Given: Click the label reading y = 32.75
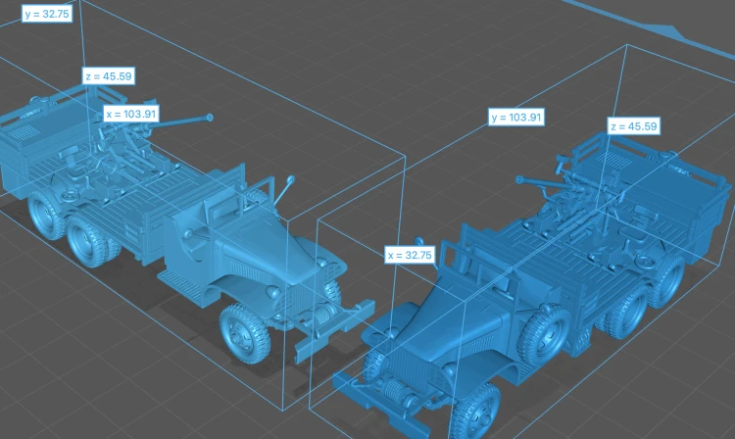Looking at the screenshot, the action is pyautogui.click(x=47, y=14).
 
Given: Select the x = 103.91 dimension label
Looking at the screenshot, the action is pyautogui.click(x=131, y=114).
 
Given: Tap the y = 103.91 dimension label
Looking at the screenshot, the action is pyautogui.click(x=516, y=118).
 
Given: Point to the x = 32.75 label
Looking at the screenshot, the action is pyautogui.click(x=410, y=255).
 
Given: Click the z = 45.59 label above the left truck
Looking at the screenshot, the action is pyautogui.click(x=109, y=75).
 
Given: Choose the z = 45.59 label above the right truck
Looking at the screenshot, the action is pyautogui.click(x=634, y=126).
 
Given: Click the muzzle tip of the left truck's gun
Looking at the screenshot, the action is pyautogui.click(x=210, y=118).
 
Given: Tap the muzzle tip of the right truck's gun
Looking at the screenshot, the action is pyautogui.click(x=519, y=180).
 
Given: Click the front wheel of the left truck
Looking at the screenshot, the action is pyautogui.click(x=245, y=333).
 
